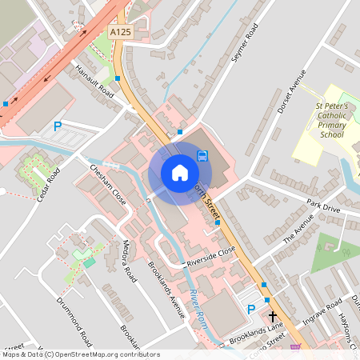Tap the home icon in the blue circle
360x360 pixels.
coord(179,173)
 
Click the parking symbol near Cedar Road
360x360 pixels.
coord(57,126)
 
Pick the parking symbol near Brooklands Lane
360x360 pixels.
coord(250,310)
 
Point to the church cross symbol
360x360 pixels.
coord(271,317)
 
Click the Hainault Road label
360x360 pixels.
coord(95,81)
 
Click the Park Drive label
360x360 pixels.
coord(322,209)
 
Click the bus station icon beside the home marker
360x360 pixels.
coord(203,155)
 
